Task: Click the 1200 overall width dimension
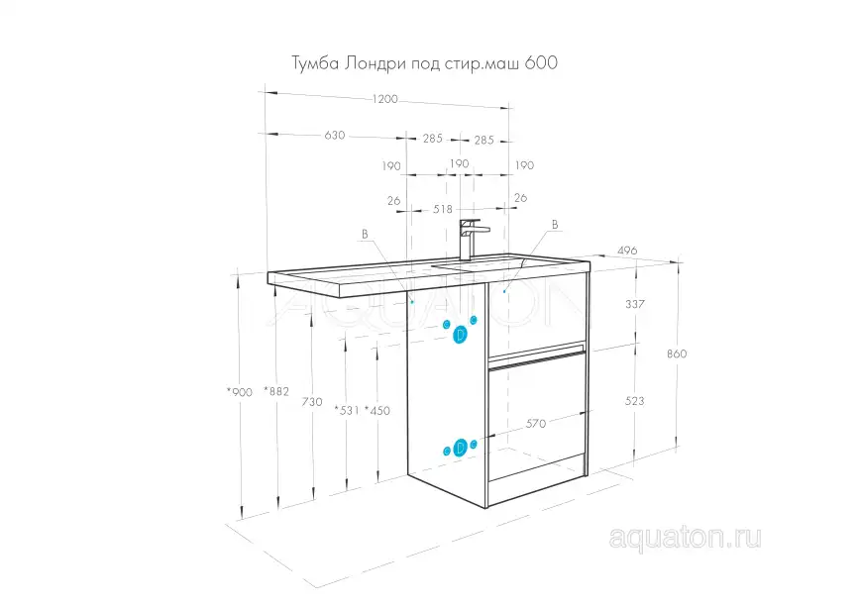[384, 99]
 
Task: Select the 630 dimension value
[334, 136]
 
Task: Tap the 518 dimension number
[442, 209]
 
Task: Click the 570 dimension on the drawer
[536, 423]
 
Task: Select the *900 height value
[241, 392]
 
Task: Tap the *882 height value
[277, 392]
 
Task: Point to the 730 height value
[312, 401]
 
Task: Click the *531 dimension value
[346, 410]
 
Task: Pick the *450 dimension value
[376, 410]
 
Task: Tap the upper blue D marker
[460, 335]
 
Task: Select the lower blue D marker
[460, 449]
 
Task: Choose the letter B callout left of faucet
[365, 234]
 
